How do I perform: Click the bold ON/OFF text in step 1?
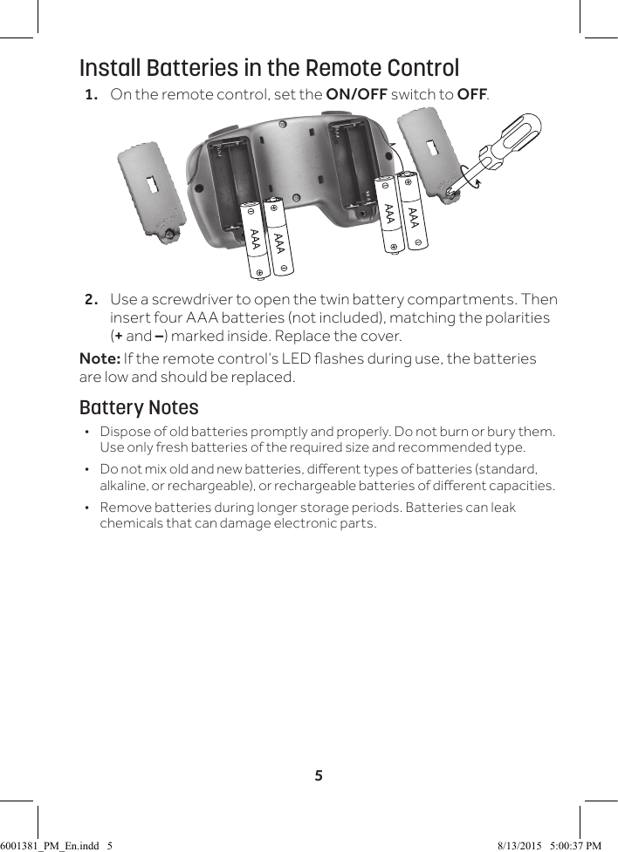click(x=356, y=94)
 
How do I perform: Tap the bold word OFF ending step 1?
click(x=471, y=94)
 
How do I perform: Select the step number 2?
click(x=91, y=300)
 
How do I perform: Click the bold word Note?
click(x=100, y=359)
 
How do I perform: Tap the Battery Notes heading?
click(x=139, y=408)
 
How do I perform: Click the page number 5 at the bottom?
click(x=319, y=775)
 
